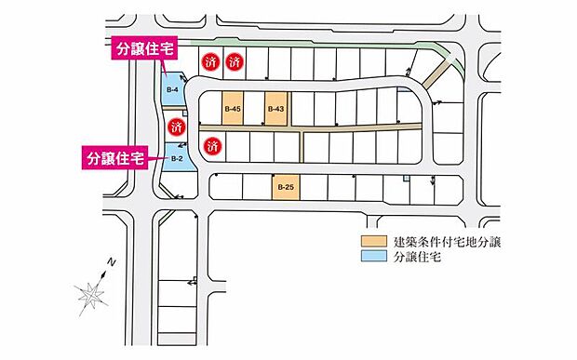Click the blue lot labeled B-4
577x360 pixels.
click(172, 88)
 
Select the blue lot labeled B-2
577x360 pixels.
click(178, 158)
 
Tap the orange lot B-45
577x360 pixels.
click(233, 109)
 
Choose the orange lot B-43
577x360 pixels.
click(275, 109)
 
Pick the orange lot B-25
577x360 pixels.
click(286, 187)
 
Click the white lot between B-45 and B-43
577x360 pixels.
click(254, 109)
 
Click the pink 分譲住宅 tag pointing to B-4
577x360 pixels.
click(144, 47)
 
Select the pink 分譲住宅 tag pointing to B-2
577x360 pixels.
click(114, 158)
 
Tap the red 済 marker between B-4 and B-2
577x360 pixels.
click(177, 127)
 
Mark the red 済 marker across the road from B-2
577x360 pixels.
click(212, 146)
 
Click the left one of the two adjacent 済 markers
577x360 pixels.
click(210, 62)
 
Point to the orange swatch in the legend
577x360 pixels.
click(374, 241)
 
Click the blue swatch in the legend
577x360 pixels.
click(374, 256)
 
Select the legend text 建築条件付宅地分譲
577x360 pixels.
click(447, 242)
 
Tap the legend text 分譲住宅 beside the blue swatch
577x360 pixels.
click(417, 257)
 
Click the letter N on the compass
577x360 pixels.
click(112, 262)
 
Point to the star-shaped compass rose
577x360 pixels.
click(90, 295)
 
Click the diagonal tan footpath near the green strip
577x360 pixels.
click(436, 75)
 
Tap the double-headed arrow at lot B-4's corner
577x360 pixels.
click(183, 78)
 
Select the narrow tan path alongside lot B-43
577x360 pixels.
click(289, 109)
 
